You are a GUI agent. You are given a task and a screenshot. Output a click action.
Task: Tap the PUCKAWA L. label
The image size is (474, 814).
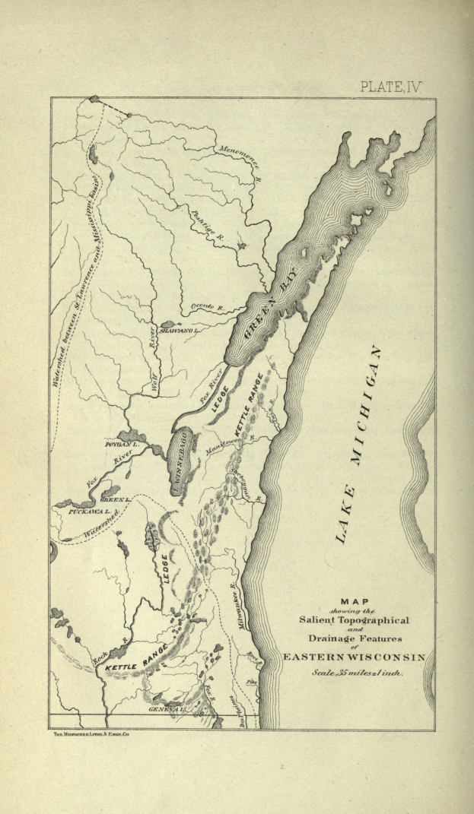(x=90, y=512)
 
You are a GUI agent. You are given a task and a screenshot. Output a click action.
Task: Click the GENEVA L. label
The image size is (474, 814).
(x=166, y=708)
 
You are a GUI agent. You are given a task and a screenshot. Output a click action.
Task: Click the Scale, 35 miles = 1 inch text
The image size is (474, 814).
(x=358, y=673)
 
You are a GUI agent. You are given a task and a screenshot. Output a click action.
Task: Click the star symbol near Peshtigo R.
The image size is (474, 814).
(x=243, y=246)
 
